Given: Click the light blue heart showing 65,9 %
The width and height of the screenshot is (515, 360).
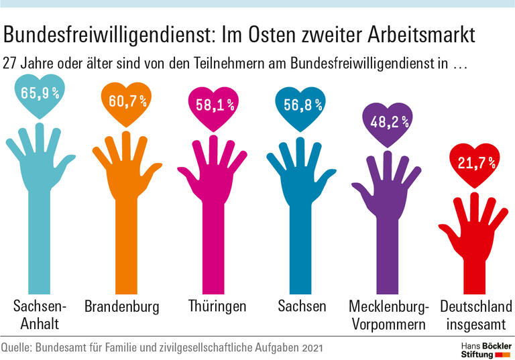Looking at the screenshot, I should click(40, 94).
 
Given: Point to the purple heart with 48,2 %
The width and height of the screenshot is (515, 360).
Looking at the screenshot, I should click(386, 123).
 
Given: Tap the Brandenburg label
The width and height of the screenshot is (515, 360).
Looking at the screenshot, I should click(122, 307).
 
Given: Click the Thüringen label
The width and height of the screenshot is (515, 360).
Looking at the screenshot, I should click(217, 307).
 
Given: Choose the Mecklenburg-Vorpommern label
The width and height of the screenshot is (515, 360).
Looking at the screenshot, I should click(388, 315).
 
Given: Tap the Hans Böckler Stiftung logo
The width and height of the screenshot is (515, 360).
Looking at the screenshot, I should click(482, 348).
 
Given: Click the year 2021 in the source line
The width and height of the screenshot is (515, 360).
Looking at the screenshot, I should click(312, 348).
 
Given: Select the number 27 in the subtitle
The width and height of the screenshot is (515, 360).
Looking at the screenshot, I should click(10, 66).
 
